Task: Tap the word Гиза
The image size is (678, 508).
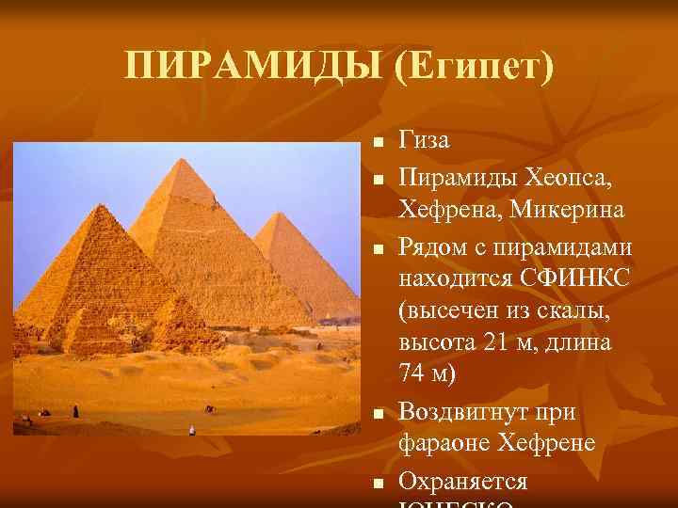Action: [424, 140]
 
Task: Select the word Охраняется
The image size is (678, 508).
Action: [462, 482]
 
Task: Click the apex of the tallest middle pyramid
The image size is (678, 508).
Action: [186, 161]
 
